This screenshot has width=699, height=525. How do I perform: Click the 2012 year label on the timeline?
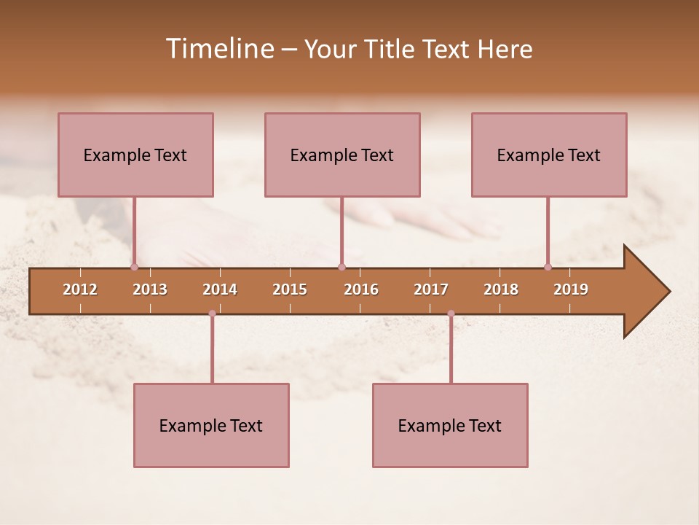(80, 289)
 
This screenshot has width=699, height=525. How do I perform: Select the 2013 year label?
(150, 289)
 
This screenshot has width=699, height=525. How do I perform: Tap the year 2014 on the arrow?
(220, 289)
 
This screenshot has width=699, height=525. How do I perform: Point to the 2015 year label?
(290, 289)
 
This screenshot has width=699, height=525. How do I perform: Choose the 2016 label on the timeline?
(361, 289)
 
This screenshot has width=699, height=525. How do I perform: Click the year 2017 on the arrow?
(431, 289)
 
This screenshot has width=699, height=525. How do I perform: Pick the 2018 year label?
(501, 289)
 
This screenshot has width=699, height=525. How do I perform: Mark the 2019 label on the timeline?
(571, 289)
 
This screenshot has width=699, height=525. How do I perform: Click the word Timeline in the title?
(218, 49)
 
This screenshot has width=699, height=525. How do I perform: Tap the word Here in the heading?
(505, 49)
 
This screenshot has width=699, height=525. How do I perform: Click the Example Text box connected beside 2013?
(135, 155)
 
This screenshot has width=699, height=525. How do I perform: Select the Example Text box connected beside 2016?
(342, 155)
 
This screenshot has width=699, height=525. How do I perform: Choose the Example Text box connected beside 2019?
(549, 155)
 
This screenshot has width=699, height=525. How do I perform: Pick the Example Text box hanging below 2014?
(211, 425)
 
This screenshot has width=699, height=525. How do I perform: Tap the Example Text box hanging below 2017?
(450, 425)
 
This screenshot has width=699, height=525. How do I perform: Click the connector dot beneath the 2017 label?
(451, 314)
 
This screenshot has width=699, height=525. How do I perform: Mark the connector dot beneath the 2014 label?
(212, 314)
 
